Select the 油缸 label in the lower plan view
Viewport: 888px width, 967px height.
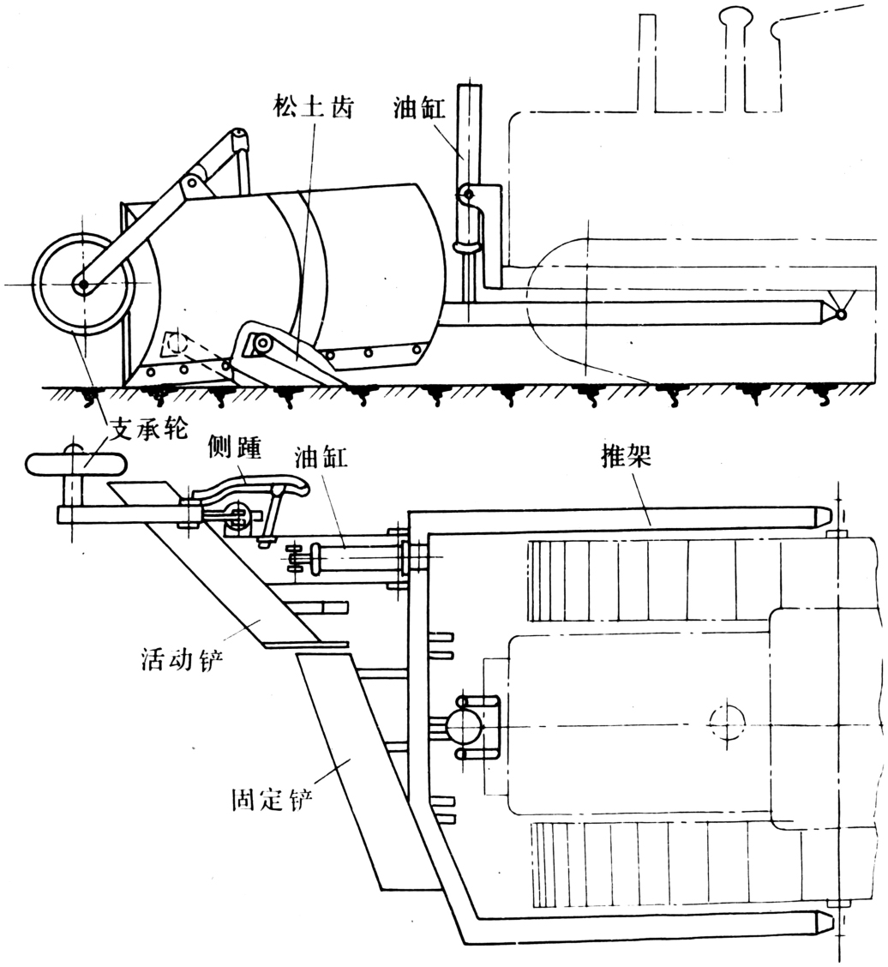point(321,459)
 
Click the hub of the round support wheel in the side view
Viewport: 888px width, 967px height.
point(82,285)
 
